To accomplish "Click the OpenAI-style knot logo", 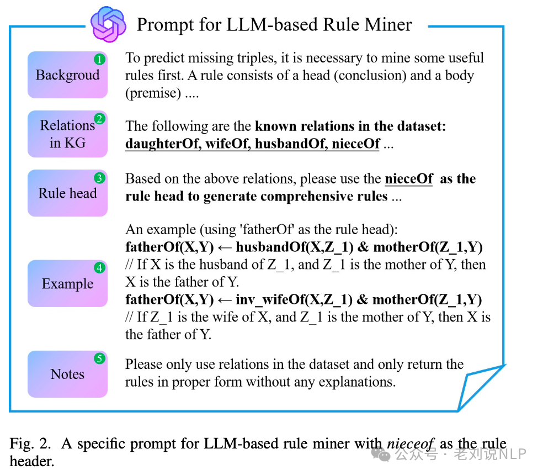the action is click(108, 25).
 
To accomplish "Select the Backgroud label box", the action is click(67, 75).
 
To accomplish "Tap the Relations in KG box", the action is click(67, 134).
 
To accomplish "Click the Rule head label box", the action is click(67, 193).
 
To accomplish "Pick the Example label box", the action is click(67, 283).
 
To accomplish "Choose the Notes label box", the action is click(67, 374).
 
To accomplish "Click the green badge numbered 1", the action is click(99, 59).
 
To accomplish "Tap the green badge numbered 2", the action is click(99, 118).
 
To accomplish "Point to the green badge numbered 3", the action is click(99, 178).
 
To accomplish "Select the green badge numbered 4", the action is click(99, 268).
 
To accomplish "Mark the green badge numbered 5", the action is click(99, 358).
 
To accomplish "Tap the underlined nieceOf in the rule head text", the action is click(408, 179).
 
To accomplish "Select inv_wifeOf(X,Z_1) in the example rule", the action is click(294, 300).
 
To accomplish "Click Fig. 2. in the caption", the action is click(31, 444).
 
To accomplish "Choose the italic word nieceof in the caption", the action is click(411, 444).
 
